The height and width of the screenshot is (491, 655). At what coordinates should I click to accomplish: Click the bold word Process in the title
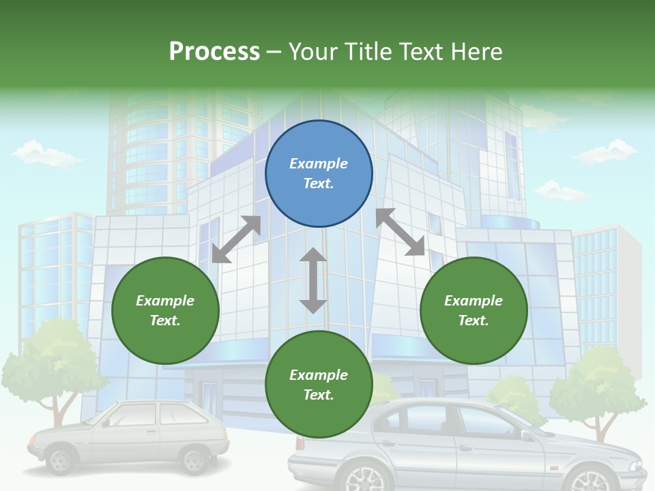(x=214, y=52)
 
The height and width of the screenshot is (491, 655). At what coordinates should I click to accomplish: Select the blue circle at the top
(x=319, y=174)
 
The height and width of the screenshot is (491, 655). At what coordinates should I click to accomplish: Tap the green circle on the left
(x=165, y=310)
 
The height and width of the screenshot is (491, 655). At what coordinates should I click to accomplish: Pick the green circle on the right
(x=474, y=310)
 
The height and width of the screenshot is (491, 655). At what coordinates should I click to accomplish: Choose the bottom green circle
(x=319, y=385)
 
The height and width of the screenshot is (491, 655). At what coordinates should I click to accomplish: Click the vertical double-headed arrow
(x=313, y=280)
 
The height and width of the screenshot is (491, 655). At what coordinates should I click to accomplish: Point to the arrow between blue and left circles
(x=236, y=239)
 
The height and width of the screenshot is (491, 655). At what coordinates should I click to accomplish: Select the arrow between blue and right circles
(x=401, y=232)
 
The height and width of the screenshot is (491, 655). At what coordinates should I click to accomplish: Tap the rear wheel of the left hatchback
(x=196, y=459)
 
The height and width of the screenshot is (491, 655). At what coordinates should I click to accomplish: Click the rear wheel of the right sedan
(x=369, y=479)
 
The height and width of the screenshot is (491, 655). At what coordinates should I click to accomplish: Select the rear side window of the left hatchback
(x=174, y=413)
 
